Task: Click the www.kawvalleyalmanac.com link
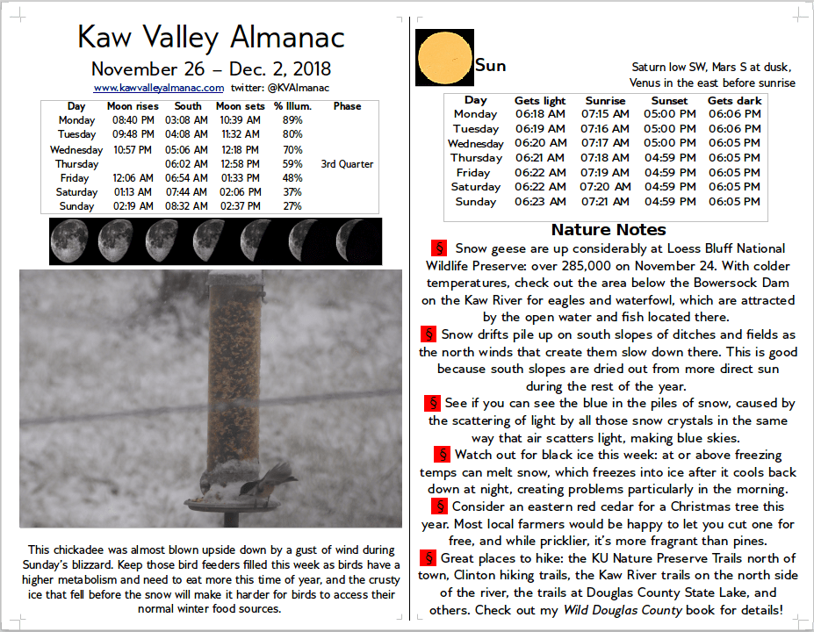[159, 88]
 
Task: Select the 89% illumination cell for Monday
[292, 120]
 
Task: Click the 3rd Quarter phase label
[347, 164]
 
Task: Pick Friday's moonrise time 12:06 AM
[133, 178]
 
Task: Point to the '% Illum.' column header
[292, 106]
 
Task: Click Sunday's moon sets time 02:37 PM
[241, 206]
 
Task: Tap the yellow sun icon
[444, 58]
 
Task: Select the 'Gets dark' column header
[734, 101]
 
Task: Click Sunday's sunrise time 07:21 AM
[605, 202]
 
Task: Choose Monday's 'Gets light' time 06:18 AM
[540, 114]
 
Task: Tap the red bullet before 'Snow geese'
[439, 248]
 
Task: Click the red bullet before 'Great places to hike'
[428, 558]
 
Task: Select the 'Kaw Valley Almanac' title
[211, 37]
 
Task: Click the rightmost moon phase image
[360, 241]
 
